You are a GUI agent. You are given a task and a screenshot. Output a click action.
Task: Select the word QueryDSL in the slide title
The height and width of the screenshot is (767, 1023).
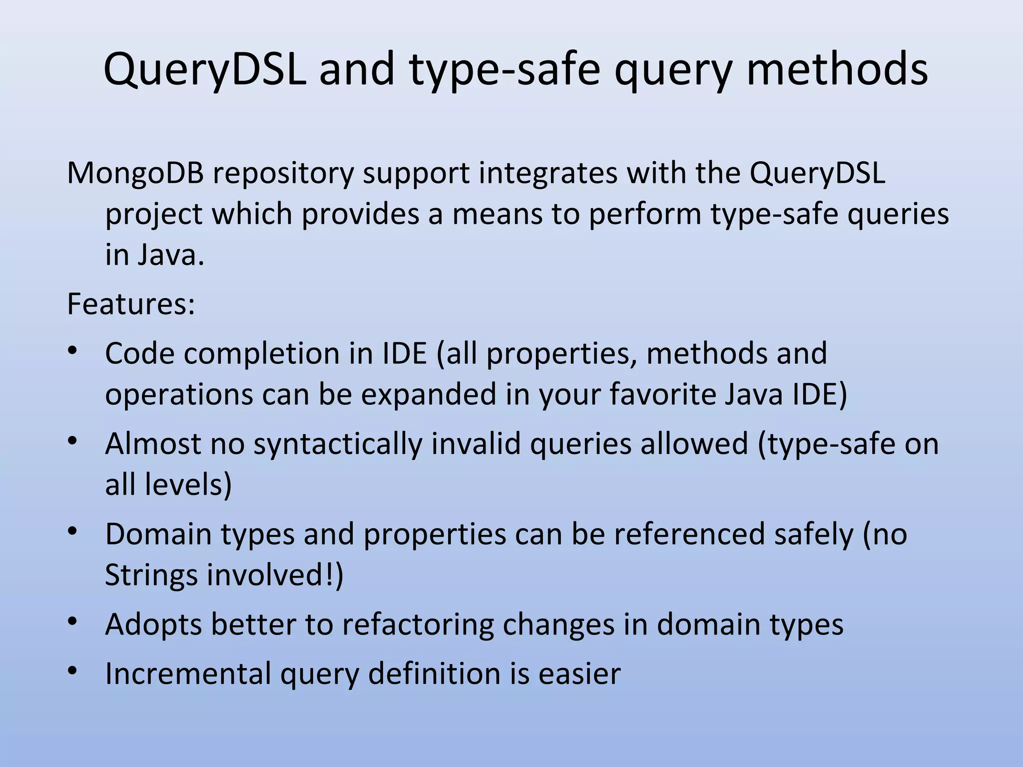pyautogui.click(x=204, y=70)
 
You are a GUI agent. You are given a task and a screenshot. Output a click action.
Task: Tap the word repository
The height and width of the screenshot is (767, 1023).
pyautogui.click(x=283, y=174)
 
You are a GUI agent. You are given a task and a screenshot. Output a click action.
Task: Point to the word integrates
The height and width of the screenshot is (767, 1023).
pyautogui.click(x=547, y=173)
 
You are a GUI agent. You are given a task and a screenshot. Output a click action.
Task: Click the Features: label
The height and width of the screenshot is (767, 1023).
pyautogui.click(x=131, y=304)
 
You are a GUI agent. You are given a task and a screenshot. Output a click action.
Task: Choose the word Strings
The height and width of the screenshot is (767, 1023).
pyautogui.click(x=151, y=575)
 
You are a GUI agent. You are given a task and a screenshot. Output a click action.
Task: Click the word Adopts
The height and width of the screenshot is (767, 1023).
pyautogui.click(x=153, y=625)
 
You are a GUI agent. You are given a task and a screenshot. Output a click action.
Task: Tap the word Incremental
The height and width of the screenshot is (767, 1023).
pyautogui.click(x=188, y=673)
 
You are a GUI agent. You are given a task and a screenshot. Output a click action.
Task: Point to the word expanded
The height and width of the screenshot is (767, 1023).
pyautogui.click(x=428, y=394)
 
